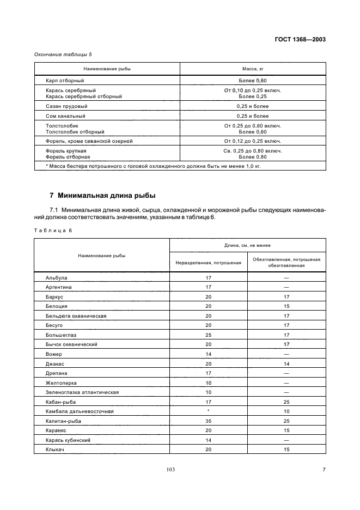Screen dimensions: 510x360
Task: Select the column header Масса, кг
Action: click(x=253, y=69)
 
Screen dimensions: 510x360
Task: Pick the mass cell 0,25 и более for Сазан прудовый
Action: click(x=253, y=106)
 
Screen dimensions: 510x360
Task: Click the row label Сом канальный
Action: click(x=66, y=116)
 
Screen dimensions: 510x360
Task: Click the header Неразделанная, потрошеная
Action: click(x=208, y=262)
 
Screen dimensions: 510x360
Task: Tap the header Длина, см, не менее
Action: click(x=248, y=246)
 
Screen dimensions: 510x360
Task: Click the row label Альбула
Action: click(x=57, y=277)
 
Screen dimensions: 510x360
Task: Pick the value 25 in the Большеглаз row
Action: click(x=208, y=335)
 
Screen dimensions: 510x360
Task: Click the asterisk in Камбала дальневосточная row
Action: click(x=208, y=411)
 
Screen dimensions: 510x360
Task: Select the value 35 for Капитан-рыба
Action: click(x=208, y=421)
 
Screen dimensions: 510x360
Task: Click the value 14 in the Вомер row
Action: click(x=208, y=354)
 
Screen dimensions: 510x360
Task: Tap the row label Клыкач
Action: click(x=56, y=450)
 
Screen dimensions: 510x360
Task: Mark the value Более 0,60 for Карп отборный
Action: click(x=253, y=81)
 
